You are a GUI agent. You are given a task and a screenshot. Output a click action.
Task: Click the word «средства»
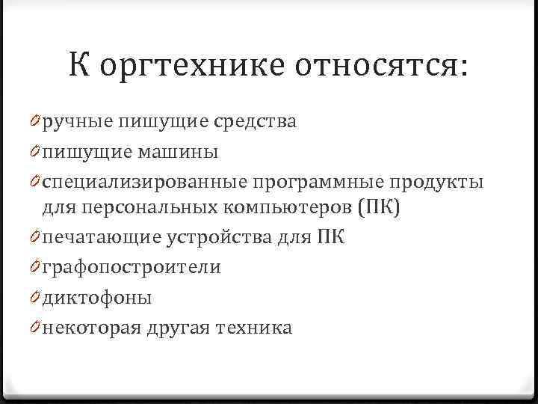point(254,122)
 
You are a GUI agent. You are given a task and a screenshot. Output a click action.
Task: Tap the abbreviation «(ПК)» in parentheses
point(380,206)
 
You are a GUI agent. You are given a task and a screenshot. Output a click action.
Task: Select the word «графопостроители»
point(132,268)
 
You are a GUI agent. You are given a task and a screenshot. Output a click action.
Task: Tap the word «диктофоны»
point(97,299)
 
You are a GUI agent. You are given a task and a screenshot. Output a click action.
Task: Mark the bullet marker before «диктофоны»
point(36,299)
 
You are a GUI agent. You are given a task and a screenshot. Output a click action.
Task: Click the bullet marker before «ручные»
point(36,122)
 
